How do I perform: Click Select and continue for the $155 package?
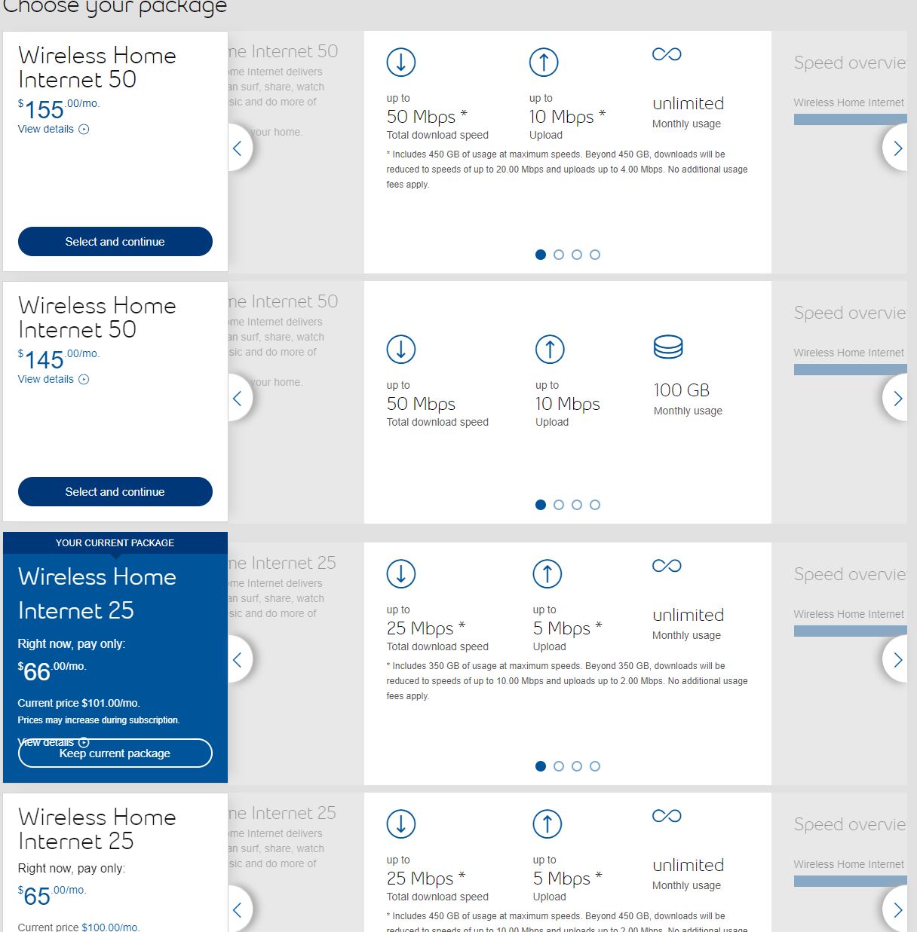[x=115, y=242]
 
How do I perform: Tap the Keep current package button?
[x=115, y=753]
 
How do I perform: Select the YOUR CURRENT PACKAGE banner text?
[x=115, y=542]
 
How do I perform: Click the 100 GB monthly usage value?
[x=681, y=390]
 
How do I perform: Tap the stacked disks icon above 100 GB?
[x=668, y=347]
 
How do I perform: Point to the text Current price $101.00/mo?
[x=78, y=703]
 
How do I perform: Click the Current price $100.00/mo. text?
[x=78, y=927]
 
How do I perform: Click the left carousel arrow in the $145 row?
[x=238, y=399]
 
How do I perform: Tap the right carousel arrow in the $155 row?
[x=897, y=148]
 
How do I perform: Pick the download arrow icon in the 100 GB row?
[x=401, y=349]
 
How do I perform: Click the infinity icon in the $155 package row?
[x=667, y=54]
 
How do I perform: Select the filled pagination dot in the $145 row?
[x=540, y=505]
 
